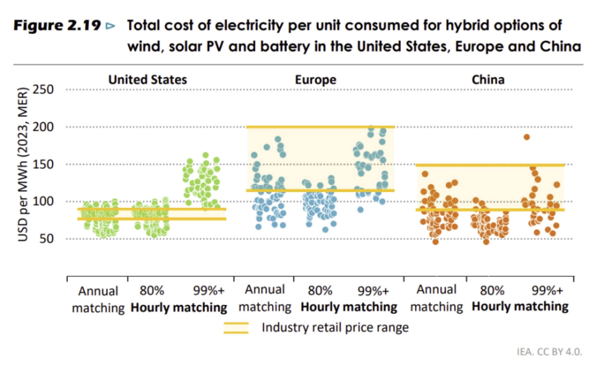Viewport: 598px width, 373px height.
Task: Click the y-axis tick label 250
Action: click(x=43, y=89)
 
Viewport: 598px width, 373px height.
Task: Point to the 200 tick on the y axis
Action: click(x=43, y=127)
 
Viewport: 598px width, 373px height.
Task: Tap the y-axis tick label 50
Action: click(x=46, y=239)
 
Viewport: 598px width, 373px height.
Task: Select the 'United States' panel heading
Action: click(x=147, y=80)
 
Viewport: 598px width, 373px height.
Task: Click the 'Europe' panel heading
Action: click(x=316, y=80)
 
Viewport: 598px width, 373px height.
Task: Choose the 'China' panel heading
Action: click(x=488, y=80)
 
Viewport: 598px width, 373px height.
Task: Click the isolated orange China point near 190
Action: click(x=526, y=137)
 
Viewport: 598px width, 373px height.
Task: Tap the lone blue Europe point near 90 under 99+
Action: click(x=360, y=209)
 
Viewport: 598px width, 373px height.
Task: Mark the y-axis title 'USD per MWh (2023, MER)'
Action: click(x=23, y=164)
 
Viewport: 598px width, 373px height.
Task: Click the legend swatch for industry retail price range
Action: click(x=236, y=328)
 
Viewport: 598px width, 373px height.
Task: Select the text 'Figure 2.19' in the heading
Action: click(x=57, y=26)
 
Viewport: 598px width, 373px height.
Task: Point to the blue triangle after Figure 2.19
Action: click(x=110, y=26)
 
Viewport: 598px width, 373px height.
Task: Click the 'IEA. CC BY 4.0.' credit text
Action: click(x=549, y=352)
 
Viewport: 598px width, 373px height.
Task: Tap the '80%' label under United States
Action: click(x=152, y=291)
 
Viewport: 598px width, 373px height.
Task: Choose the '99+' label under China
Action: click(x=547, y=290)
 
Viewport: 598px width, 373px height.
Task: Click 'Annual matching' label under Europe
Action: click(x=265, y=298)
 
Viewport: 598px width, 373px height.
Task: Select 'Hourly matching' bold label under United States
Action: click(x=179, y=308)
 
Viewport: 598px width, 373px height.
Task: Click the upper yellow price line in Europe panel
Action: click(x=320, y=127)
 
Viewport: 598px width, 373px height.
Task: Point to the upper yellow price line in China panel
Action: click(x=490, y=165)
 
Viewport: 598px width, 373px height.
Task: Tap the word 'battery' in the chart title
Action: click(x=285, y=47)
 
